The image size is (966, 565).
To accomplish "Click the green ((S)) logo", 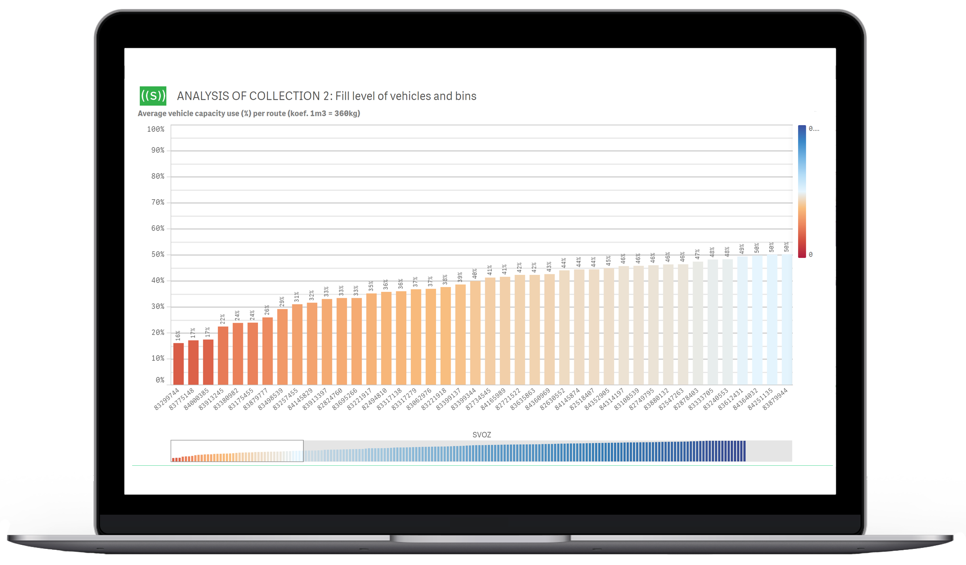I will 153,96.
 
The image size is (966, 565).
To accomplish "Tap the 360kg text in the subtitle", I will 347,114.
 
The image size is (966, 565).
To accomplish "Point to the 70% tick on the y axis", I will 158,202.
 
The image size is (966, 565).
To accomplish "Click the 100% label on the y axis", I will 156,129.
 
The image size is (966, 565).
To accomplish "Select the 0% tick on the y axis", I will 160,380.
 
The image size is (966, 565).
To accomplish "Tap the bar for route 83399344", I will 475,333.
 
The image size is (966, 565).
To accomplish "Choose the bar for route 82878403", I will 698,323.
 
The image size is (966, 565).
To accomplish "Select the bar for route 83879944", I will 787,320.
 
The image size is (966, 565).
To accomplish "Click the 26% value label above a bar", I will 267,310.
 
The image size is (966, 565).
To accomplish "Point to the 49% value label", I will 742,249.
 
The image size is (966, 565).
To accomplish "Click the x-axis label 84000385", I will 197,399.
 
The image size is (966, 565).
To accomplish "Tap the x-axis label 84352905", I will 597,399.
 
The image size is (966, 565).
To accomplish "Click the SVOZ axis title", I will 482,434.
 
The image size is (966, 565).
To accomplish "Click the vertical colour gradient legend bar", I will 802,191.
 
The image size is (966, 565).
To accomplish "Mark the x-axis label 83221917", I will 360,399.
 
